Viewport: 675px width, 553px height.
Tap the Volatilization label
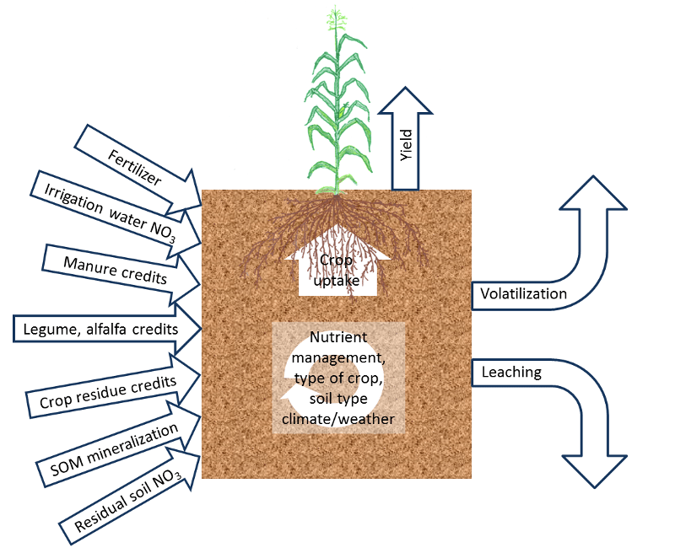tap(523, 294)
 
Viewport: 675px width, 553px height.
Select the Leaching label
tap(511, 372)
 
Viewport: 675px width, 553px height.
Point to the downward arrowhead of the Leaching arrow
tap(597, 473)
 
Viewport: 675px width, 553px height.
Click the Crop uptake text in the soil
tap(337, 270)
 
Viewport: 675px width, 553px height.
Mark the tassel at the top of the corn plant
tap(339, 21)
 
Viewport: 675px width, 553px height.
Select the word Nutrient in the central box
tap(337, 339)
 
